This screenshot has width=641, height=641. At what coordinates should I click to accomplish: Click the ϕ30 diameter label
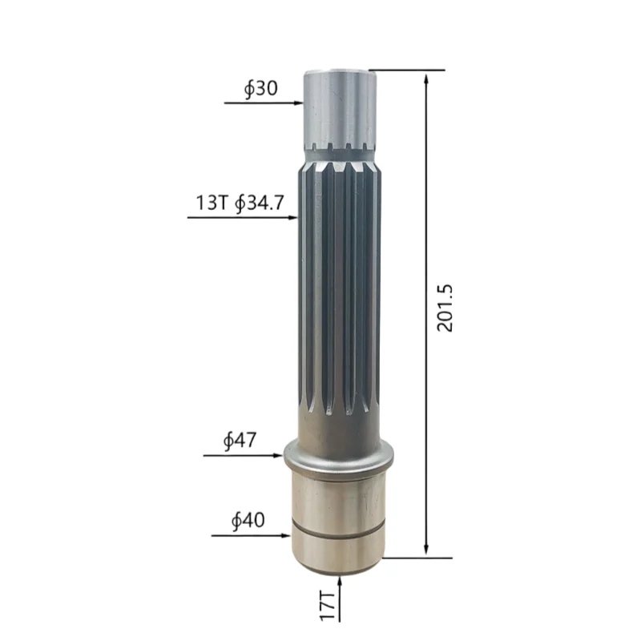tap(261, 89)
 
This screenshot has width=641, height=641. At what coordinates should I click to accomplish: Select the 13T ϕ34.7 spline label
tap(240, 203)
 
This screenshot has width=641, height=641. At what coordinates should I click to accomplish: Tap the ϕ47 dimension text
tap(240, 440)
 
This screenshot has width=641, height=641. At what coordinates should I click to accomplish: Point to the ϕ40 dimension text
tap(248, 520)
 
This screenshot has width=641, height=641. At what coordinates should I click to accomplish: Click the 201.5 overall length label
tap(445, 308)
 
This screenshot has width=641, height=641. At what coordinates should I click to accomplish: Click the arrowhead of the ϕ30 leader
tap(299, 103)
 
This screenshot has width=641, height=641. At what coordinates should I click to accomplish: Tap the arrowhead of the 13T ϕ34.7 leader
tap(293, 217)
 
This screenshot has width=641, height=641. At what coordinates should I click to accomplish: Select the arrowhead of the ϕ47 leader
tap(279, 455)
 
